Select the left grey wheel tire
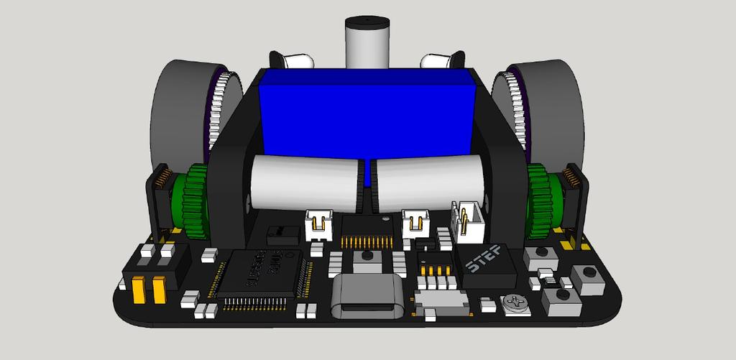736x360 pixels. point(176,108)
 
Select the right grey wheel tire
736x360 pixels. point(557,108)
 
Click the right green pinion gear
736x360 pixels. point(540,201)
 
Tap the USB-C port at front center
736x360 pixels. point(367,299)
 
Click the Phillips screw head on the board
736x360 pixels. point(515,303)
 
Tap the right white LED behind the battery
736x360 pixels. point(440,62)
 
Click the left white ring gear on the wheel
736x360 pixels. point(218,108)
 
